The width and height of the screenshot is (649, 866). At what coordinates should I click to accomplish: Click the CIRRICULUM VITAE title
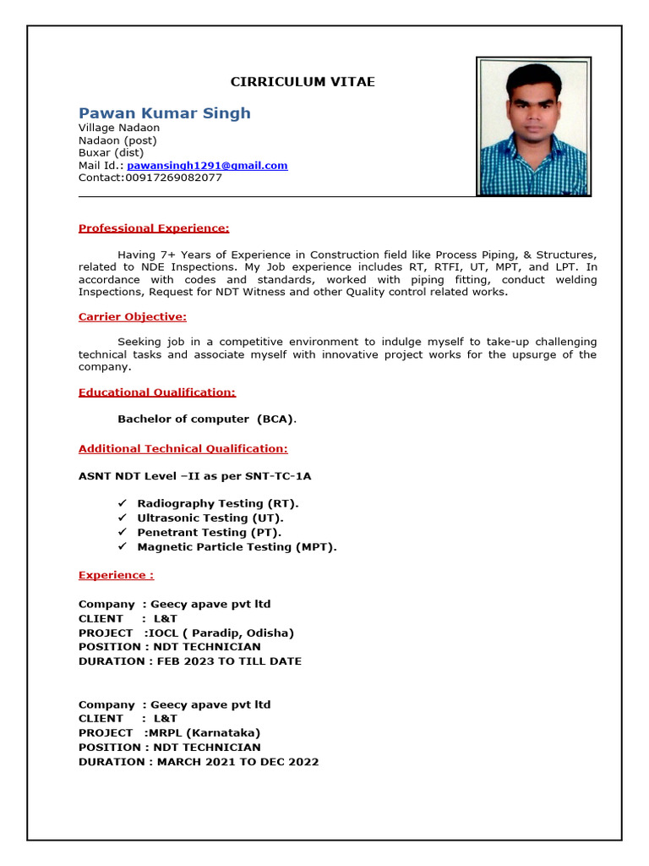click(x=303, y=82)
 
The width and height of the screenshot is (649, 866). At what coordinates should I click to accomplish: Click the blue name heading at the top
click(x=164, y=113)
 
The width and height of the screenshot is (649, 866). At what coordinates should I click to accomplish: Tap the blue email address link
click(x=207, y=166)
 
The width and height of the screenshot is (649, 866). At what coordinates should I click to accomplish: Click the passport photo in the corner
click(x=533, y=127)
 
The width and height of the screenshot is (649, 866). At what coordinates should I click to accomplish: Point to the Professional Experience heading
click(x=154, y=228)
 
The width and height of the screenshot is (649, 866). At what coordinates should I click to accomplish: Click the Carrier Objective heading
click(x=132, y=317)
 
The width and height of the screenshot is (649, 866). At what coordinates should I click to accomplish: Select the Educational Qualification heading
click(x=157, y=392)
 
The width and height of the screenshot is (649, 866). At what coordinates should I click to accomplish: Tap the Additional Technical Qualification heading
click(x=183, y=449)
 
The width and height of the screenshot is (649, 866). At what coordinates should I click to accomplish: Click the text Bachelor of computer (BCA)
click(x=207, y=419)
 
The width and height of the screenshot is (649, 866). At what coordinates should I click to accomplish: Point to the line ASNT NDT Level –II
click(x=200, y=476)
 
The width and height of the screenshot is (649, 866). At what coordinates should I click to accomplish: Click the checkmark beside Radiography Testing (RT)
click(x=122, y=503)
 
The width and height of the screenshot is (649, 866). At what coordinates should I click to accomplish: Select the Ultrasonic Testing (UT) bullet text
click(x=210, y=518)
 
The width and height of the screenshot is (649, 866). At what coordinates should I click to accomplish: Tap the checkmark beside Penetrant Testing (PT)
click(x=122, y=532)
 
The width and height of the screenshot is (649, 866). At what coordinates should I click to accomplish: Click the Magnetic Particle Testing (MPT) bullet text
click(x=237, y=547)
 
